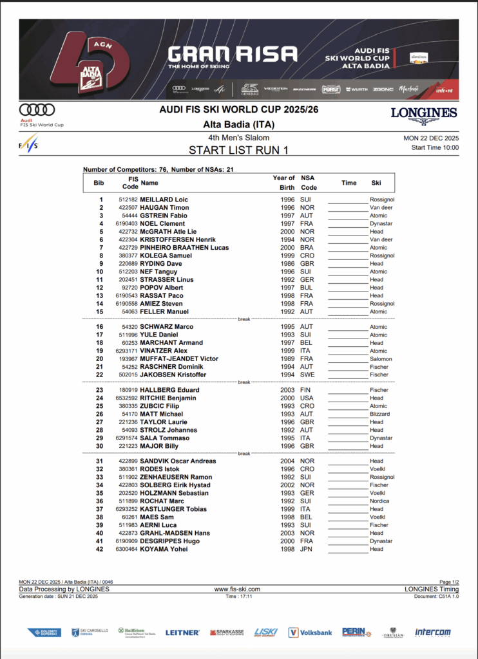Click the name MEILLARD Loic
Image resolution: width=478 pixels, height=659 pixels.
click(164, 200)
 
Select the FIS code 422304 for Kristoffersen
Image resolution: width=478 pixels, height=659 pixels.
click(128, 239)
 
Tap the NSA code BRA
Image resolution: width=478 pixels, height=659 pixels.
click(307, 248)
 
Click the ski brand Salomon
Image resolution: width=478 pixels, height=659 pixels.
click(381, 359)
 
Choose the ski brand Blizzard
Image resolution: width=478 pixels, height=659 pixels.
click(380, 414)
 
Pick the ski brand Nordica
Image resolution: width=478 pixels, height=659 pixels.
click(379, 501)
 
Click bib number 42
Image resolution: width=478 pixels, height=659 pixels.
click(100, 549)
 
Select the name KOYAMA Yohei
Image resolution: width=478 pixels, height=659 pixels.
click(164, 549)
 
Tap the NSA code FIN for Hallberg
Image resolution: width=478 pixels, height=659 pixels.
click(306, 390)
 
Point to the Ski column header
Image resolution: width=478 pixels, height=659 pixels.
click(376, 183)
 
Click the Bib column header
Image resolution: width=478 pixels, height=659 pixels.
click(99, 183)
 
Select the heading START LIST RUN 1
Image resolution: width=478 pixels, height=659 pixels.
click(238, 151)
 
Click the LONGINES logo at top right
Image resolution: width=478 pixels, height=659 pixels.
click(424, 115)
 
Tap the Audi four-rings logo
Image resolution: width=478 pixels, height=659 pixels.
click(37, 110)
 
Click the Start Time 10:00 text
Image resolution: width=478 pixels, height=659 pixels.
click(435, 147)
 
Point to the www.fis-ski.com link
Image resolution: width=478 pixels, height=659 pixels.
click(237, 589)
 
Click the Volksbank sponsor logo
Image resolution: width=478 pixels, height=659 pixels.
click(311, 633)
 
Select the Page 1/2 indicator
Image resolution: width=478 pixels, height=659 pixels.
click(445, 582)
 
